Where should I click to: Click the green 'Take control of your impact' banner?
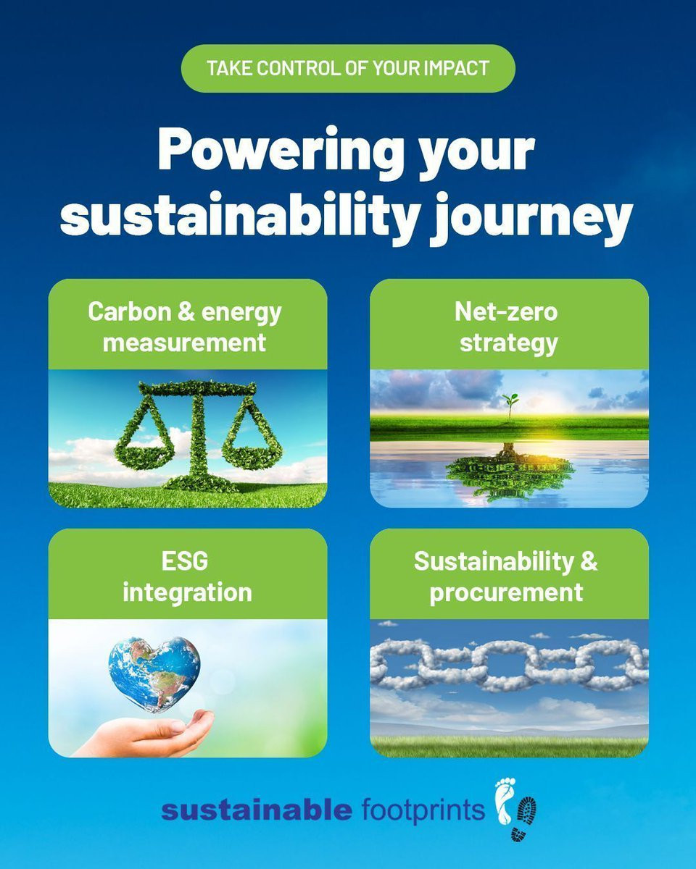[348, 68]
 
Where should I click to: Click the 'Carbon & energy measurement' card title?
[185, 327]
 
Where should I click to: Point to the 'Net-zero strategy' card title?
[507, 327]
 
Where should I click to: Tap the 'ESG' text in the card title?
[185, 561]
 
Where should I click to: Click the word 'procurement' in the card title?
[506, 593]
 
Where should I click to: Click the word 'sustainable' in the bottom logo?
[257, 809]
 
